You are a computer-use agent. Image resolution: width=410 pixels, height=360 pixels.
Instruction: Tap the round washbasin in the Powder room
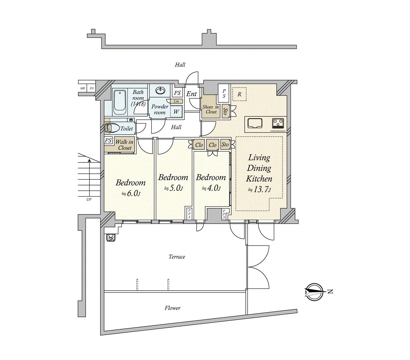tap(160, 90)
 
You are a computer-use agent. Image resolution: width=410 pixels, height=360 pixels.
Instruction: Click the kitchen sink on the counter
tap(254, 123)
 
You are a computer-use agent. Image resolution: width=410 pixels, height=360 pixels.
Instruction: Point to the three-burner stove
tap(278, 123)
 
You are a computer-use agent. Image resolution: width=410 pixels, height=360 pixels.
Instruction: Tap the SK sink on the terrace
tap(111, 237)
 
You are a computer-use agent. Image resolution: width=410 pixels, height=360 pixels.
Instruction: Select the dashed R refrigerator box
tap(239, 94)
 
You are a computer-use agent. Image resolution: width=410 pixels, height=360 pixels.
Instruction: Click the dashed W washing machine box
tap(176, 111)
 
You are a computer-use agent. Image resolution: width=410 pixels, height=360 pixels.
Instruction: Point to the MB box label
tap(82, 88)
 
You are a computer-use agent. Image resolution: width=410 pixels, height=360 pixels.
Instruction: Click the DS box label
tap(92, 88)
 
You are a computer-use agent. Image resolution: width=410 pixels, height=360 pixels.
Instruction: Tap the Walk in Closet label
tap(124, 145)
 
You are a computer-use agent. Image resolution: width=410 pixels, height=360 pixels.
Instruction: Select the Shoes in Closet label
tap(211, 110)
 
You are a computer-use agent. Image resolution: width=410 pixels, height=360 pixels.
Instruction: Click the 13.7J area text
tap(259, 190)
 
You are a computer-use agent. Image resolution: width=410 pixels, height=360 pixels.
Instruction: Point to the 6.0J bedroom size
tap(131, 194)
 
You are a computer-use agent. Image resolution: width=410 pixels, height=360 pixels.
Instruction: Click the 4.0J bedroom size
tap(211, 188)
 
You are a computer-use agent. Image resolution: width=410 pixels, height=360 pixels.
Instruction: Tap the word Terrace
tap(177, 257)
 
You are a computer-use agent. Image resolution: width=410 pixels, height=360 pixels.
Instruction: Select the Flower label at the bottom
tap(172, 308)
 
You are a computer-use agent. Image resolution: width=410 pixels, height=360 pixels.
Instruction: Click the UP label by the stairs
tap(89, 199)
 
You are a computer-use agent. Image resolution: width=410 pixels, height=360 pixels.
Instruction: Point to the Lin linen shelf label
tap(176, 101)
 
